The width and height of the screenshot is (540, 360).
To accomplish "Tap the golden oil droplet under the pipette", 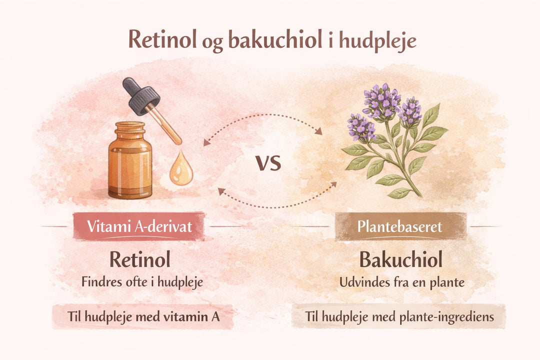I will pos(180,171).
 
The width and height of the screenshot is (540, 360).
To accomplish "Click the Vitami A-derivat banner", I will pos(139,227).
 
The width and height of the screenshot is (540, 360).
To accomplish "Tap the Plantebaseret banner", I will pos(400,227).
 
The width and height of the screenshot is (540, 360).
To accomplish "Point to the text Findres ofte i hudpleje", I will pos(142,281).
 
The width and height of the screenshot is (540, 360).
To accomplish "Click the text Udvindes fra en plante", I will pos(402,281).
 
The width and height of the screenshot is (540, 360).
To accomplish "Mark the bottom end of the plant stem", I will pos(420,195).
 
